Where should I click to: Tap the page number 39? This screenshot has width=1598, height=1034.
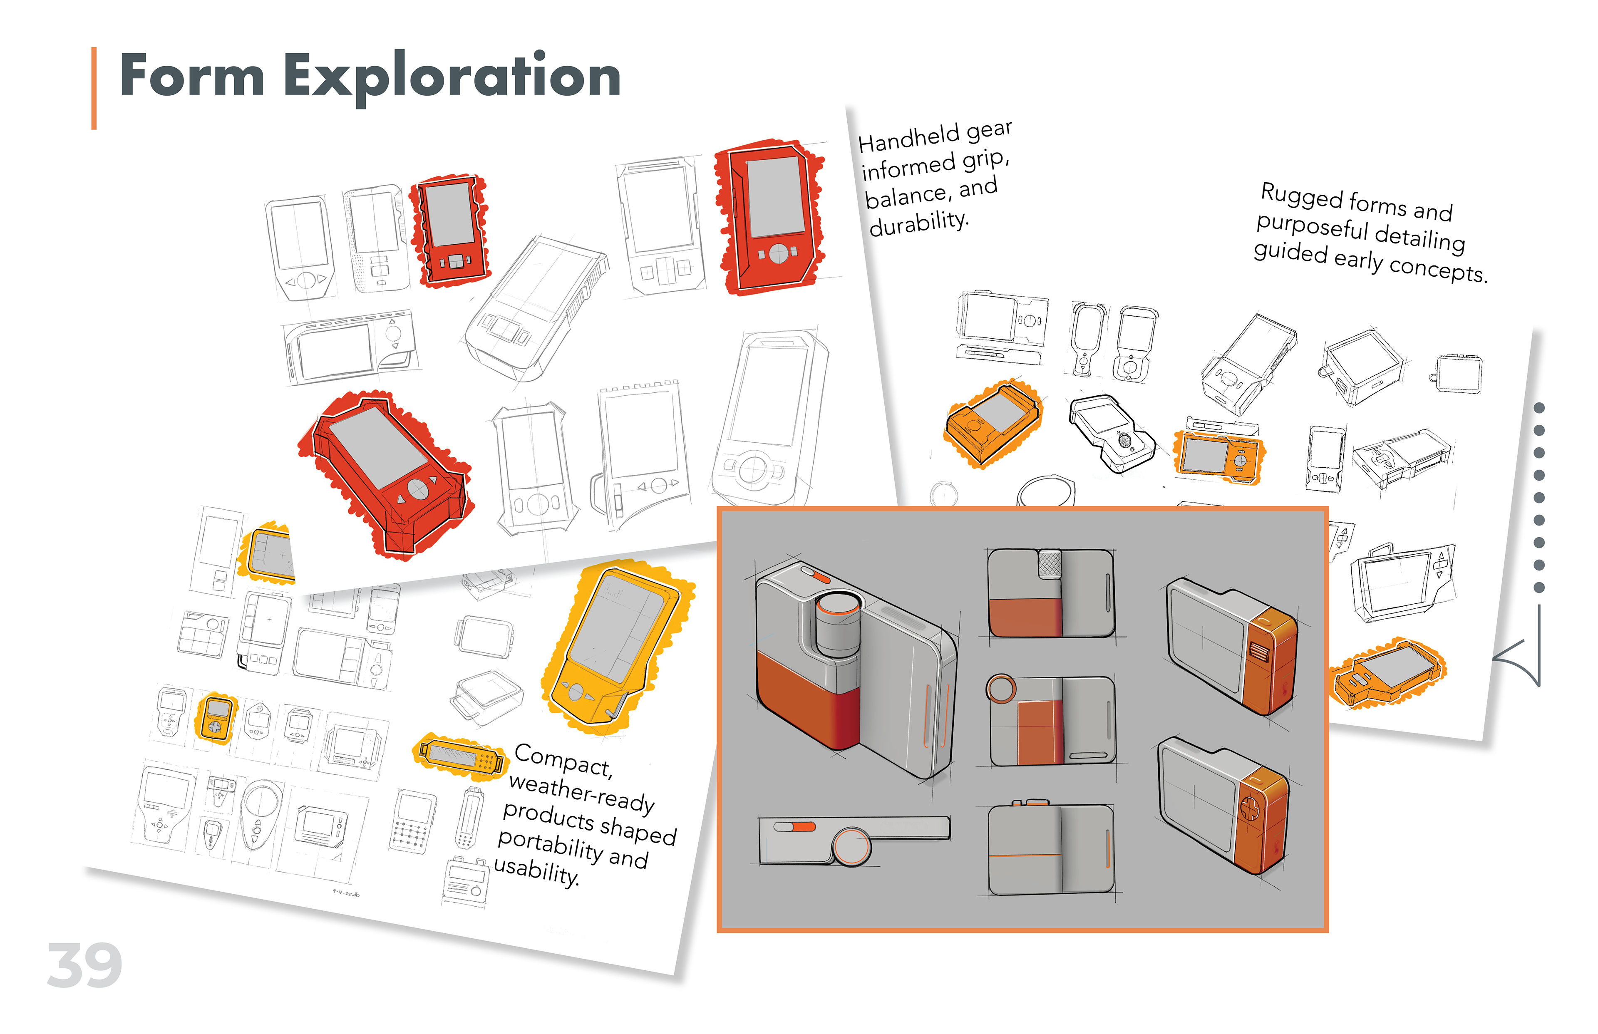click(84, 965)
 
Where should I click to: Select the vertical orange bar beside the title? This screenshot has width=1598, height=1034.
click(94, 88)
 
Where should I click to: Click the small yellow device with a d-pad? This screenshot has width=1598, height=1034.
click(216, 717)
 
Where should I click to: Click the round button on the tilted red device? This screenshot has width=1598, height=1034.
click(418, 489)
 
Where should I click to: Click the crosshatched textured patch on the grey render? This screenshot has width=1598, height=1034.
click(1050, 563)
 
